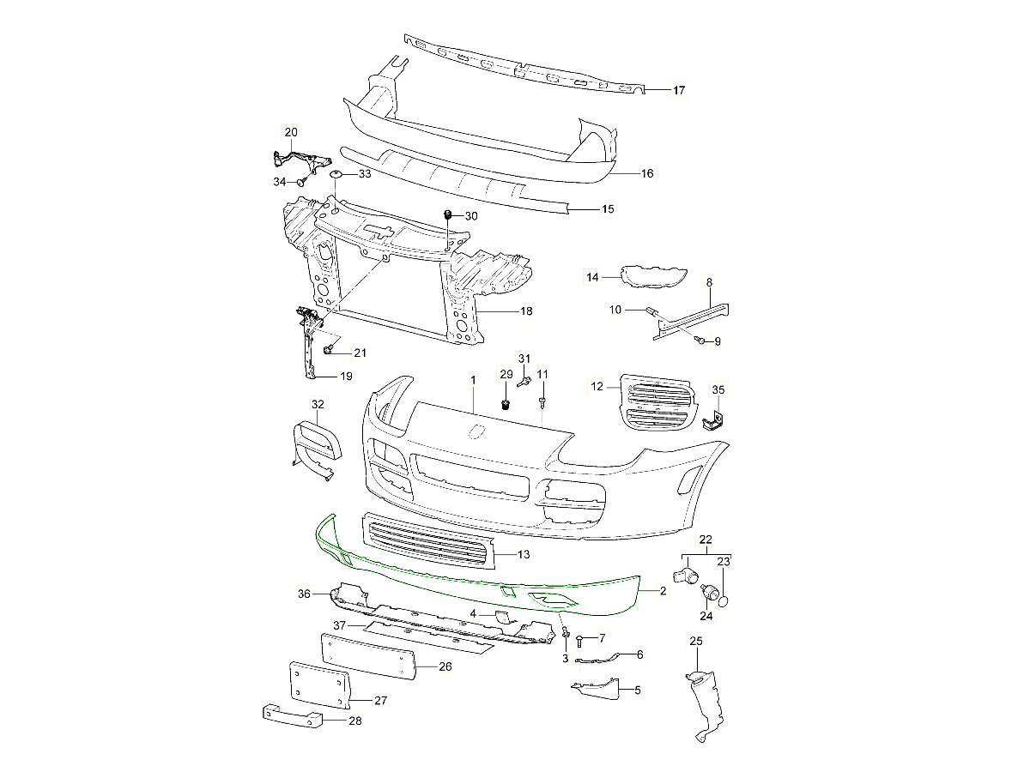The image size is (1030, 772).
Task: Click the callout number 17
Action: pos(678,90)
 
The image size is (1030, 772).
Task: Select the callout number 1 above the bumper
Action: pos(472,378)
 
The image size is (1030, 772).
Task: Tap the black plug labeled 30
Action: pos(447,214)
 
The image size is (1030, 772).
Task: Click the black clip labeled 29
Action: pos(506,402)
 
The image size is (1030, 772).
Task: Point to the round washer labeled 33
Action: pos(336,175)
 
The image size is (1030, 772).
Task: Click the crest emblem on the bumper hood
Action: pos(475,431)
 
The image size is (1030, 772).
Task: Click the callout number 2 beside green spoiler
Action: pos(663,591)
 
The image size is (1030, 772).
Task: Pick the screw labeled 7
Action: pos(582,639)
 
